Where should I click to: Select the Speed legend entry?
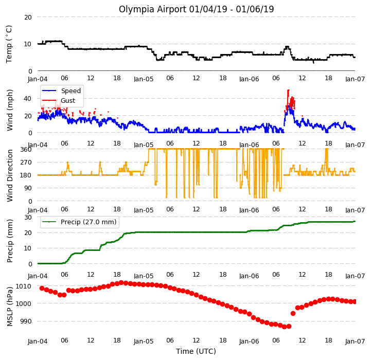pyautogui.click(x=61, y=91)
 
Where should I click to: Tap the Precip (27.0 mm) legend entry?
pyautogui.click(x=79, y=222)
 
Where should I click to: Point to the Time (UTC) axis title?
pyautogui.click(x=196, y=351)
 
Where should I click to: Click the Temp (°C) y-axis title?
pyautogui.click(x=9, y=44)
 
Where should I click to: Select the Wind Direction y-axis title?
pyautogui.click(x=10, y=175)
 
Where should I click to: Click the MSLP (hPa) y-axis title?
pyautogui.click(x=10, y=307)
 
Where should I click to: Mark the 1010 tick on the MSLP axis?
pyautogui.click(x=23, y=286)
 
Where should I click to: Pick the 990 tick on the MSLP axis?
pyautogui.click(x=26, y=321)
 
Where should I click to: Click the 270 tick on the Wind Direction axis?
pyautogui.click(x=26, y=163)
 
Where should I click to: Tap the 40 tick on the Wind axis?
pyautogui.click(x=27, y=99)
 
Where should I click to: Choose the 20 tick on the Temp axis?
pyautogui.click(x=28, y=17)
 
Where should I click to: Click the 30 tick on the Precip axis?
pyautogui.click(x=28, y=217)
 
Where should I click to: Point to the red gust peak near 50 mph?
pyautogui.click(x=288, y=91)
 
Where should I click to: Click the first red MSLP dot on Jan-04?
pyautogui.click(x=42, y=288)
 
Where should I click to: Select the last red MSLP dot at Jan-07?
pyautogui.click(x=355, y=301)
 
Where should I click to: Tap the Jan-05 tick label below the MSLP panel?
pyautogui.click(x=144, y=341)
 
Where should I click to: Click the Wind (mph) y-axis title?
pyautogui.click(x=10, y=110)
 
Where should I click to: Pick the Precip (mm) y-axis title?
pyautogui.click(x=10, y=241)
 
